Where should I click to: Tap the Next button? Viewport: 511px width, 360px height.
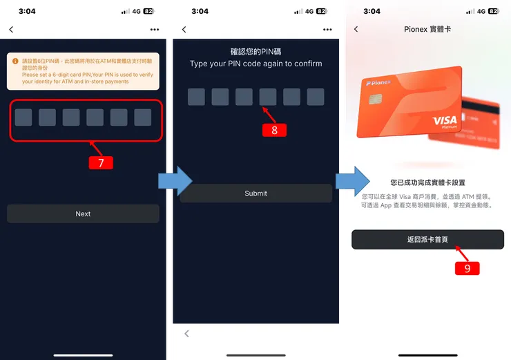(x=83, y=214)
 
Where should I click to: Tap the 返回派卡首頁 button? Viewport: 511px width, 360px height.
(x=427, y=239)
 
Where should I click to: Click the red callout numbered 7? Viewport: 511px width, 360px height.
(x=101, y=163)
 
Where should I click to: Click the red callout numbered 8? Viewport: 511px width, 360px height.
(x=274, y=130)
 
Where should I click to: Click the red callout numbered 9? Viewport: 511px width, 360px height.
(x=467, y=268)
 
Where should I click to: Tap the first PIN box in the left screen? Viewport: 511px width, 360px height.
(x=23, y=117)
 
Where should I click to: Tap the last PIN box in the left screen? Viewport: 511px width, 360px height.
(x=143, y=117)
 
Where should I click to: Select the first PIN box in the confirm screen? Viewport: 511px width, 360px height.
(x=196, y=97)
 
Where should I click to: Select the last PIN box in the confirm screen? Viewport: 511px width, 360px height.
(x=316, y=97)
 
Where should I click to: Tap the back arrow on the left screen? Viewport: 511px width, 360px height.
(x=11, y=30)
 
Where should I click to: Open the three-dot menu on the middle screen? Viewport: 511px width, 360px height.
(x=327, y=30)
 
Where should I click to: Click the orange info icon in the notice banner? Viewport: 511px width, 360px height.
(x=15, y=61)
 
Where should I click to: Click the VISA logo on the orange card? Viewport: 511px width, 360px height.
(x=445, y=122)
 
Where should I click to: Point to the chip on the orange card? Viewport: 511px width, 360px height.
(x=375, y=99)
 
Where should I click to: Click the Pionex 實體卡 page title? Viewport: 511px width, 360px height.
(x=427, y=30)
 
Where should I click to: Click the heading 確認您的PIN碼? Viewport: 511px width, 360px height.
(x=256, y=51)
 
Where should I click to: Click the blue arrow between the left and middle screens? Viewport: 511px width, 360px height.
(x=168, y=181)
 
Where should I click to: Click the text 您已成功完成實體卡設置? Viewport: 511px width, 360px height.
(x=427, y=183)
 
